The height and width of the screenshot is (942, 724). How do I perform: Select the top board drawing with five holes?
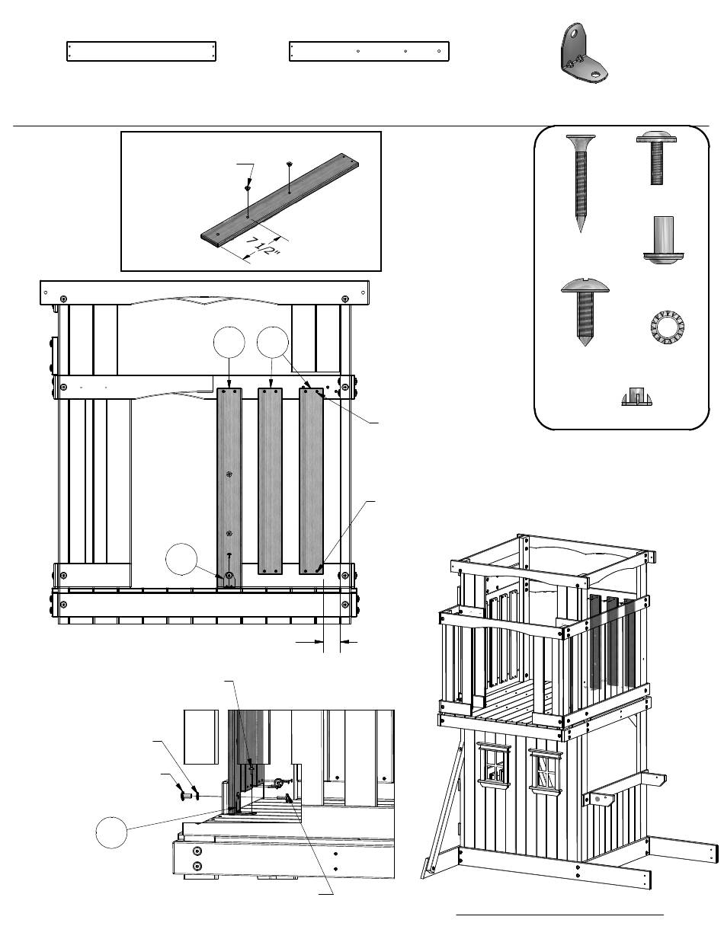pos(369,51)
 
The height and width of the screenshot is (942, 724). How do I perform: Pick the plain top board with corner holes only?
pos(143,52)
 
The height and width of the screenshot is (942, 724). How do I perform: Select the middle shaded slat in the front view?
pos(270,480)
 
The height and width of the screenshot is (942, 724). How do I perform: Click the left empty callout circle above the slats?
pos(229,343)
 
